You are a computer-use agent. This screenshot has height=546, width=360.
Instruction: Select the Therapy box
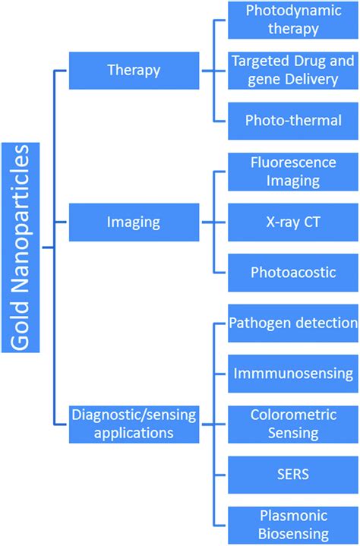point(134,71)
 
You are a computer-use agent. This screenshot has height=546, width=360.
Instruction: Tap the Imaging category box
point(134,223)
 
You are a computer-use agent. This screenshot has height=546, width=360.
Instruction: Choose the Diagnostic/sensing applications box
point(134,423)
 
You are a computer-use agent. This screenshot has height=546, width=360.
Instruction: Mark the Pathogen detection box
point(292,323)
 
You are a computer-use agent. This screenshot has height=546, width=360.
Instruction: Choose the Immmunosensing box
point(292,373)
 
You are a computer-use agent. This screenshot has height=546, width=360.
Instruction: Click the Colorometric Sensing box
point(292,423)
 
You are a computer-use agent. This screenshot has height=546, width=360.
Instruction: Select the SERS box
point(292,473)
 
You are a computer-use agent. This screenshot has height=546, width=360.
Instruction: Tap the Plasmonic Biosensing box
point(292,524)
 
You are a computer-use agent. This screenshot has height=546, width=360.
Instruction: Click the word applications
point(134,433)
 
